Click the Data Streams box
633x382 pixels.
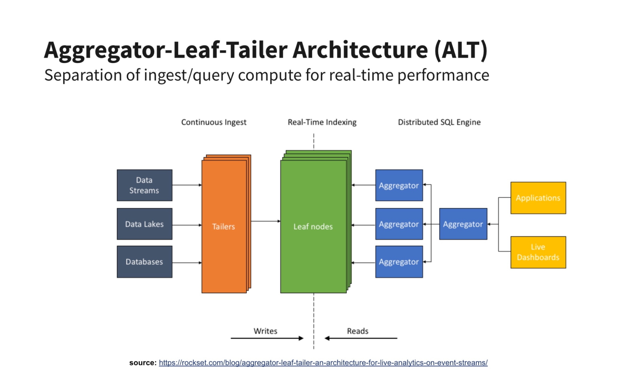(144, 185)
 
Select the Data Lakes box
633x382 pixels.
(144, 224)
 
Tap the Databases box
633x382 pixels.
(144, 262)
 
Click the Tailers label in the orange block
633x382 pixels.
(224, 227)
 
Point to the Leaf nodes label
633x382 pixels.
(313, 227)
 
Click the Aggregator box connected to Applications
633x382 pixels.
(463, 224)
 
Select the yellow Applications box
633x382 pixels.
(538, 198)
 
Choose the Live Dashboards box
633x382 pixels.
(538, 252)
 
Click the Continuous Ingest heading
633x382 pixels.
(214, 122)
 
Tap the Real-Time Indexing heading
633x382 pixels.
(322, 122)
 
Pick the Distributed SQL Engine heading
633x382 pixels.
(439, 122)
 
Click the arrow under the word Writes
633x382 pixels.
(267, 338)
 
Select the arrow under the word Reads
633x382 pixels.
(361, 338)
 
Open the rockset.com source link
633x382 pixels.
(323, 363)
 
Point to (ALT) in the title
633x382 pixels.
(461, 50)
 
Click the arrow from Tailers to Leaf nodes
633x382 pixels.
(266, 221)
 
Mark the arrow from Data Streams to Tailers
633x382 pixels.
(187, 185)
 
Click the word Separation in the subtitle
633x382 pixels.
(83, 76)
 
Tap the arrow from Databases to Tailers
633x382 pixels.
(187, 263)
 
